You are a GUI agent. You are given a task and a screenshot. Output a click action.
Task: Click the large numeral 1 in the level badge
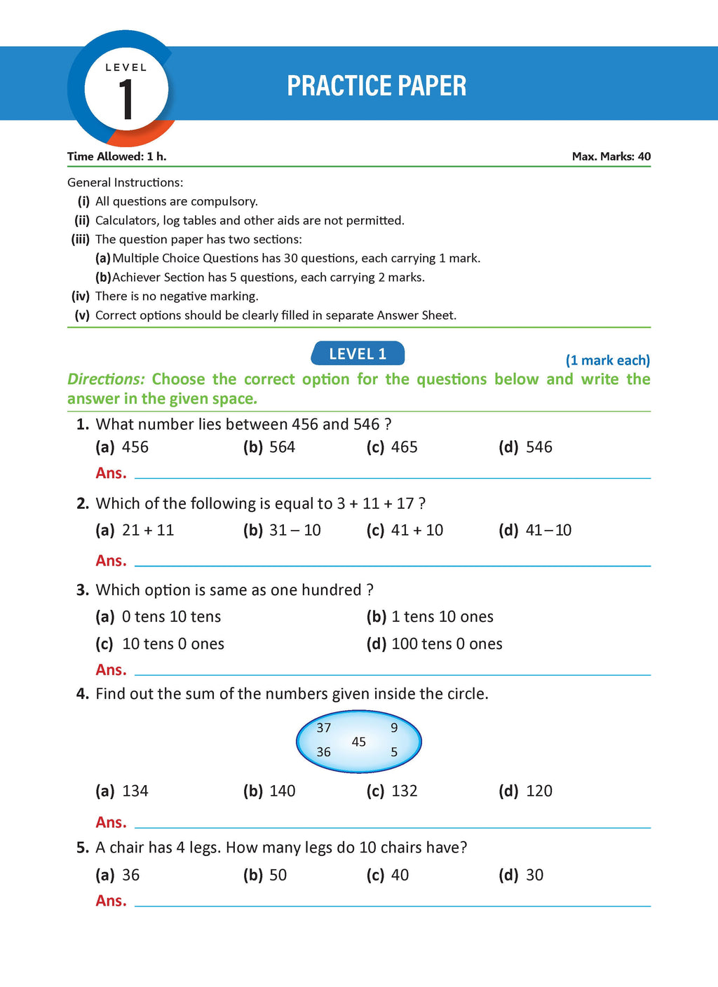point(126,100)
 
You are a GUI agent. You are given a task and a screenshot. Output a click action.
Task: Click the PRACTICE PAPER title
point(377,86)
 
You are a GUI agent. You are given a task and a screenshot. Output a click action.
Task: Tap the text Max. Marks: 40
point(611,156)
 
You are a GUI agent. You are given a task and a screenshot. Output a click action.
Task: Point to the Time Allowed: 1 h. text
point(116,156)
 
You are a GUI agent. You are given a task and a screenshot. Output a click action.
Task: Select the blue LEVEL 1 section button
point(358,354)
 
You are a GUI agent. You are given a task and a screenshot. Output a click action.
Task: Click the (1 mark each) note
point(607,360)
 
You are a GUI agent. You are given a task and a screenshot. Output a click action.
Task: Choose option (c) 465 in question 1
point(392,447)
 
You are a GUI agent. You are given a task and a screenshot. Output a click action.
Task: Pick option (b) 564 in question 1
point(269,447)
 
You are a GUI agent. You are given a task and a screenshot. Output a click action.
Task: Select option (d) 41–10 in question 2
point(535,530)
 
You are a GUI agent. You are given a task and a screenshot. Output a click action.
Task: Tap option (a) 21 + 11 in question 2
point(135,530)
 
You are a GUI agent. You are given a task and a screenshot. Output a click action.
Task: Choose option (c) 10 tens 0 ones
point(160,644)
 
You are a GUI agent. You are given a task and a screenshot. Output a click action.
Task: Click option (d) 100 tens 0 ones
point(434,644)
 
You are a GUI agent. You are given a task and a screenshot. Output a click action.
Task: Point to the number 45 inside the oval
point(359,742)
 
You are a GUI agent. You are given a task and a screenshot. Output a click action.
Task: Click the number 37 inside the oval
point(323,728)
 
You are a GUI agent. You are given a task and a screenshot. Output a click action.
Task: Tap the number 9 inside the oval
point(394,728)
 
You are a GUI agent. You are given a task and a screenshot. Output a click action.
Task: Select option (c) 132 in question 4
point(392,791)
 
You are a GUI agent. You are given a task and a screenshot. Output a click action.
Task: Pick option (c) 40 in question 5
point(388,875)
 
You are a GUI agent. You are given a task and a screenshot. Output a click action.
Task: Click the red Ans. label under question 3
point(111,670)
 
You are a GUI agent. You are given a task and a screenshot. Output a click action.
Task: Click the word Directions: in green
point(106,379)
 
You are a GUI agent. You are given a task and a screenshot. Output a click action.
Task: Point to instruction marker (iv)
point(81,296)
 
